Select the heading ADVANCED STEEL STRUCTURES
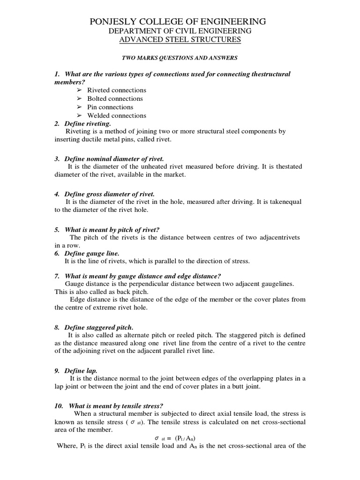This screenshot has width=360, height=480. click(180, 40)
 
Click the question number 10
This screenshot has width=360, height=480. click(58, 405)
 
